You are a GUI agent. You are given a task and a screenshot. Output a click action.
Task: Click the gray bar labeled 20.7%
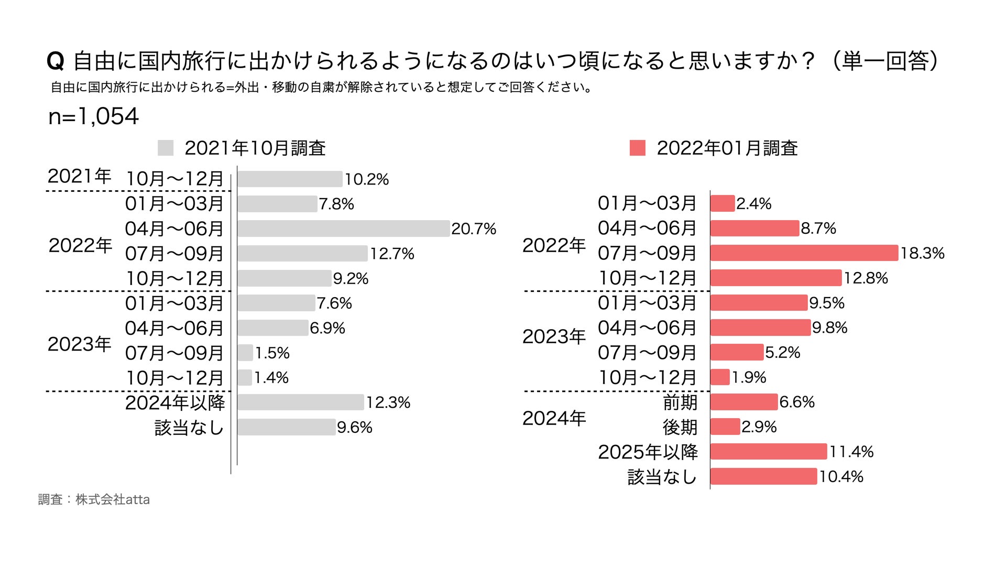pyautogui.click(x=343, y=228)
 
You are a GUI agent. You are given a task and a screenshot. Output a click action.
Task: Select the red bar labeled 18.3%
pyautogui.click(x=804, y=253)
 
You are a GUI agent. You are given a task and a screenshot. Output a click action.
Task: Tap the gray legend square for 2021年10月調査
pyautogui.click(x=165, y=148)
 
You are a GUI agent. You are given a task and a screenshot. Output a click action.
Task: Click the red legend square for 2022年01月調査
pyautogui.click(x=637, y=148)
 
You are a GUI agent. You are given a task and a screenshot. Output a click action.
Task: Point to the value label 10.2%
pyautogui.click(x=366, y=179)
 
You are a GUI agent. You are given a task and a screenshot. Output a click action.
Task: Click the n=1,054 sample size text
pyautogui.click(x=93, y=116)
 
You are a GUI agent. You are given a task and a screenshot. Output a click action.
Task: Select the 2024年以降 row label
pyautogui.click(x=175, y=402)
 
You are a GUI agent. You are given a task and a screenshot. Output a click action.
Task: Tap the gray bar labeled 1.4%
pyautogui.click(x=245, y=377)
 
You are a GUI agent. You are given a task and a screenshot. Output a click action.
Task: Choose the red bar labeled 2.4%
pyautogui.click(x=723, y=203)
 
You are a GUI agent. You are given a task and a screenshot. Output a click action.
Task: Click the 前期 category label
pyautogui.click(x=680, y=402)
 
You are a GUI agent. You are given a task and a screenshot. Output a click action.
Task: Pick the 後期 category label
pyautogui.click(x=680, y=427)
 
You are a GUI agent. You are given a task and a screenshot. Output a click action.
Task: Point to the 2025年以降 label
pyautogui.click(x=648, y=452)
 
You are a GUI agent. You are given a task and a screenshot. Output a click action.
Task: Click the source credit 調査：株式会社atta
pyautogui.click(x=94, y=499)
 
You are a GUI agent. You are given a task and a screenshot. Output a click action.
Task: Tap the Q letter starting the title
pyautogui.click(x=55, y=62)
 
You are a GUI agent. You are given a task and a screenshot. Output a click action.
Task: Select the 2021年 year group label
pyautogui.click(x=79, y=176)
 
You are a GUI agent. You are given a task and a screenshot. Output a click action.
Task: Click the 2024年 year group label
pyautogui.click(x=554, y=418)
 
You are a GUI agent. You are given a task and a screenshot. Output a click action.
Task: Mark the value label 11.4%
pyautogui.click(x=851, y=452)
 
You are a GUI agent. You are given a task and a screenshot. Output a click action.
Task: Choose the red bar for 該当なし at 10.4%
pyautogui.click(x=763, y=476)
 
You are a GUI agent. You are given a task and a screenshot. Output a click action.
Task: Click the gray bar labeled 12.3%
pyautogui.click(x=300, y=402)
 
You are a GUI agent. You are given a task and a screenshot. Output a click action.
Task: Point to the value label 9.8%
pyautogui.click(x=829, y=328)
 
